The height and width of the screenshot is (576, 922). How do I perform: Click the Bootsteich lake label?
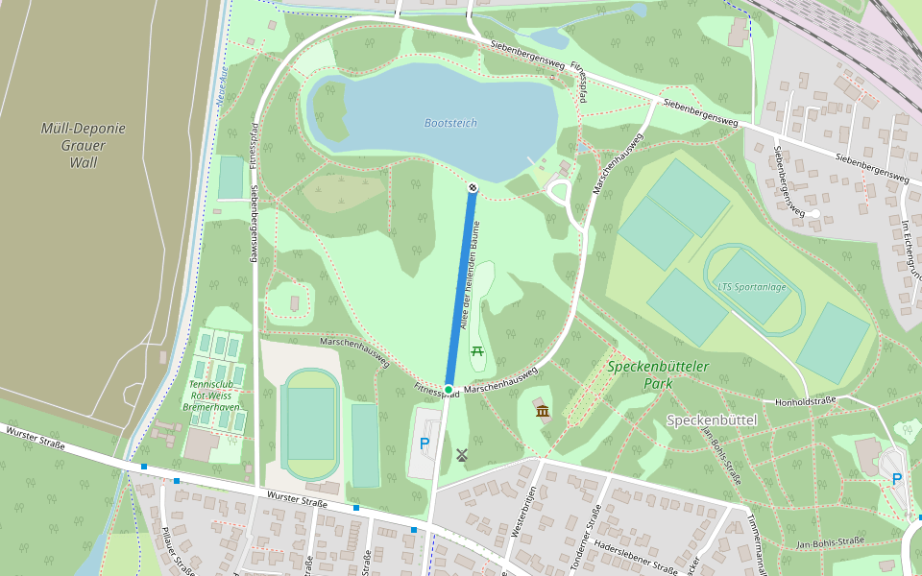coord(450,123)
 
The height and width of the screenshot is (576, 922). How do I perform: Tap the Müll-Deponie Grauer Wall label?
coord(84,145)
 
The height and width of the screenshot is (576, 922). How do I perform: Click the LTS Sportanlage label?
coord(752,285)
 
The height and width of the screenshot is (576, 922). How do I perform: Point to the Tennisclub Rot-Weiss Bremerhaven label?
coord(211,396)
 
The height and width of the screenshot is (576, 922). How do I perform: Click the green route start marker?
coord(449,388)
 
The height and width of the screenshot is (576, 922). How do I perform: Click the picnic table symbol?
coord(477,350)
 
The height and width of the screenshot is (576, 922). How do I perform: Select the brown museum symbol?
coord(543,412)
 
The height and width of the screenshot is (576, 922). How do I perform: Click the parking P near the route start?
coord(424,444)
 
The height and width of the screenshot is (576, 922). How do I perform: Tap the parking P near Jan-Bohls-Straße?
coord(897,479)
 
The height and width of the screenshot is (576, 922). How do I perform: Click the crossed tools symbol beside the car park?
coord(462,455)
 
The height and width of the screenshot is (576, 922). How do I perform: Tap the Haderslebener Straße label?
coord(636,556)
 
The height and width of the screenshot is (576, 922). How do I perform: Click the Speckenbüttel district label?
coord(712,420)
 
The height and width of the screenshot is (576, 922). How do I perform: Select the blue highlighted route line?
coord(460,288)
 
